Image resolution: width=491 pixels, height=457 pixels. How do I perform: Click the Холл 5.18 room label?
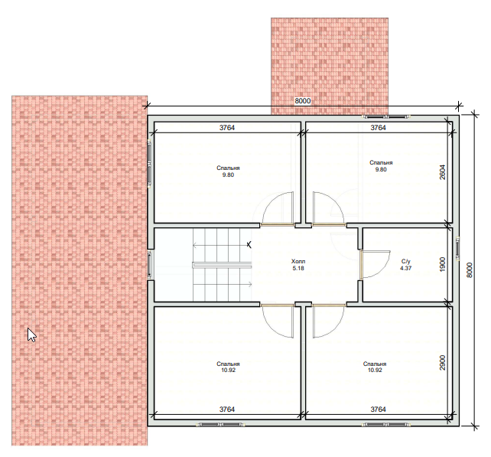point(298,265)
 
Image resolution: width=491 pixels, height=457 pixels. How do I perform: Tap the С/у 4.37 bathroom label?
point(406,265)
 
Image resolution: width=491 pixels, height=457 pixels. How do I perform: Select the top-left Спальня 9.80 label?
point(228,171)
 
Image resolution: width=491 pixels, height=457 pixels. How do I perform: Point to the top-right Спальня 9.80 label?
point(381,166)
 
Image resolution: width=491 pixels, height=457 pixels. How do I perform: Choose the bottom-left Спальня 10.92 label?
point(228,367)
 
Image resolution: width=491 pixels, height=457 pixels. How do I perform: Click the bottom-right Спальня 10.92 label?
point(375,367)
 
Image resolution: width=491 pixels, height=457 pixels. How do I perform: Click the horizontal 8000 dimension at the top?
point(303,100)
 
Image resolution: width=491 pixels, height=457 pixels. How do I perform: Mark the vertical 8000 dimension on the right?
point(469,269)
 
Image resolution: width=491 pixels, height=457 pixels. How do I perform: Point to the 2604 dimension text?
point(442,171)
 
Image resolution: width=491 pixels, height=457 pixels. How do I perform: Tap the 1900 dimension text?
point(442,265)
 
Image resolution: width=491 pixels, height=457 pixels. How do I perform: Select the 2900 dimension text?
point(442,362)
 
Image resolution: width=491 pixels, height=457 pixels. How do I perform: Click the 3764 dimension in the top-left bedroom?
point(227,128)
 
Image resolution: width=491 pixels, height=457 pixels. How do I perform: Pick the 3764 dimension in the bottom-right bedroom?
point(379,409)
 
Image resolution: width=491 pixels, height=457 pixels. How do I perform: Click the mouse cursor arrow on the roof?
point(31,335)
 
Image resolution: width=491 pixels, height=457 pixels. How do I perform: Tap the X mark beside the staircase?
point(249,245)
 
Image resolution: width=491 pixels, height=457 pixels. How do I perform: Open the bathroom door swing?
point(375,265)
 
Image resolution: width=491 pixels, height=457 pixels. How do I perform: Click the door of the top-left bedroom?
point(277,209)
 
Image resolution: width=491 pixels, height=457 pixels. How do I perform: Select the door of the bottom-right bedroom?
point(329,321)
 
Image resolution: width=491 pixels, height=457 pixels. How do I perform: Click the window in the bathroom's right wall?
point(457,248)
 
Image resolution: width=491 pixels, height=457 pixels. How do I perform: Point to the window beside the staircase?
point(150,265)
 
